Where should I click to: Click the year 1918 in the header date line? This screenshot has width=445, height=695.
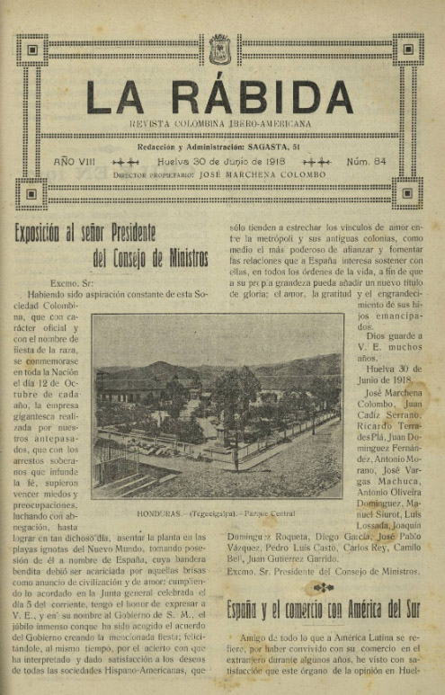click(253, 162)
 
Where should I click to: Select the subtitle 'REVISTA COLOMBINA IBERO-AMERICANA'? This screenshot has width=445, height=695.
click(220, 122)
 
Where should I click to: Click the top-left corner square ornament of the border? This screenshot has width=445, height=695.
click(31, 49)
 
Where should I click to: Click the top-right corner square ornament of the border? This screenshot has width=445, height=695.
click(408, 49)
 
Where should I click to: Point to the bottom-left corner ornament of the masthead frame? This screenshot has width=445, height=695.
click(31, 192)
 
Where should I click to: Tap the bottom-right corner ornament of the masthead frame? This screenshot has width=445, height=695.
click(408, 192)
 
